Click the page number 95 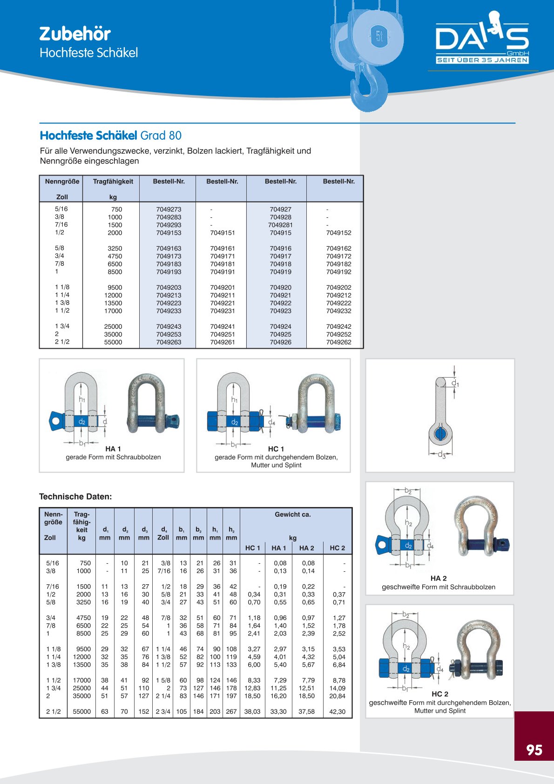pyautogui.click(x=534, y=750)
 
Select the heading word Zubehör pyautogui.click(x=75, y=34)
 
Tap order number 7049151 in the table pyautogui.click(x=222, y=233)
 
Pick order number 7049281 pyautogui.click(x=280, y=225)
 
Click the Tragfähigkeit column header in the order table pyautogui.click(x=113, y=182)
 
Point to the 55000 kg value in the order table pyautogui.click(x=113, y=342)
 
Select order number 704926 pyautogui.click(x=280, y=342)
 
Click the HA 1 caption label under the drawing pyautogui.click(x=113, y=449)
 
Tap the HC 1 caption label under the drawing pyautogui.click(x=276, y=449)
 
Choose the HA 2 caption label pyautogui.click(x=439, y=578)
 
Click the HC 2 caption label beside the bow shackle pyautogui.click(x=440, y=694)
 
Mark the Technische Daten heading pyautogui.click(x=75, y=497)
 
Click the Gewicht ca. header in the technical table pyautogui.click(x=292, y=514)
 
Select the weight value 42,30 pyautogui.click(x=337, y=711)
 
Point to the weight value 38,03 pyautogui.click(x=252, y=711)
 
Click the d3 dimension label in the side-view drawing pyautogui.click(x=442, y=455)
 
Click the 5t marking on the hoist pyautogui.click(x=379, y=36)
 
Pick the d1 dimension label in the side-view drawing pyautogui.click(x=455, y=383)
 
